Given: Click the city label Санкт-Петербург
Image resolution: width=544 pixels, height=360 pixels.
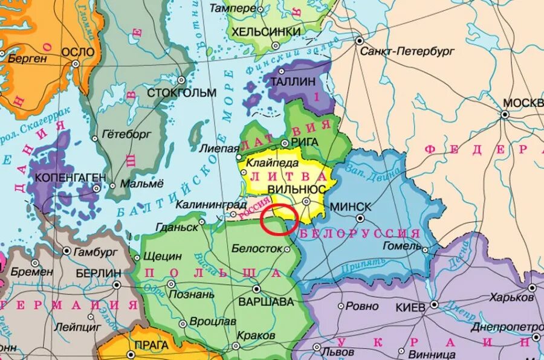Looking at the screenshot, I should point(407,52).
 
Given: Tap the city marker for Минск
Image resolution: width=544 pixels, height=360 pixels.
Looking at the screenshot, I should point(360,218).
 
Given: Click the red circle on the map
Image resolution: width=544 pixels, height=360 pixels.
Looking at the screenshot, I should point(279,219).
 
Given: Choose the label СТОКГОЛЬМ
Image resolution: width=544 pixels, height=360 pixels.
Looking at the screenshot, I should point(181,92).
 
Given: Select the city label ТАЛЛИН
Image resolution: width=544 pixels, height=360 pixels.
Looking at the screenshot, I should point(293,80).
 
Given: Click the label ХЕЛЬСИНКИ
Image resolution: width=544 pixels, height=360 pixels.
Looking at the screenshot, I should point(262,31).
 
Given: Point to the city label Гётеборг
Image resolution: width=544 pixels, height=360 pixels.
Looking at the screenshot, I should point(126,133).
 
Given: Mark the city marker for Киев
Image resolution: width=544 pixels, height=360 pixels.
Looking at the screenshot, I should point(433,305).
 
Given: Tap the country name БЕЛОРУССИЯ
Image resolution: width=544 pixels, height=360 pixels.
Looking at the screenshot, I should point(360,233).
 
